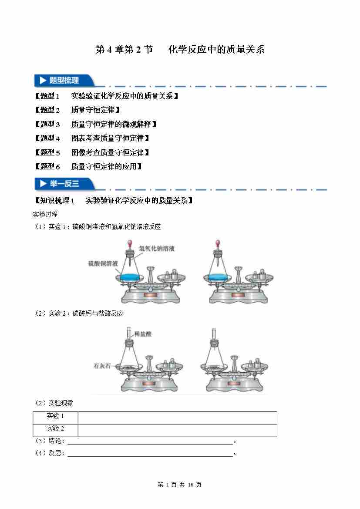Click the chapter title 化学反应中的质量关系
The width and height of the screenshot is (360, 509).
(x=216, y=50)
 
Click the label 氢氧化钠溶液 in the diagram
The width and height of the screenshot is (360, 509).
(x=157, y=249)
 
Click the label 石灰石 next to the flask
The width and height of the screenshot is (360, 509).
(x=102, y=366)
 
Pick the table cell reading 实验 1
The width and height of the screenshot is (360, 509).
(x=55, y=416)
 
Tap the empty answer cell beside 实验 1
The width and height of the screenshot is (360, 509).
(x=177, y=417)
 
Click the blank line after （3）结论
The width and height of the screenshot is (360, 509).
(x=150, y=442)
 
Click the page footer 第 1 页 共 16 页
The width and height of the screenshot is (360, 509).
(x=179, y=485)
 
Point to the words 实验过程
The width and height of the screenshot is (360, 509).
(x=45, y=214)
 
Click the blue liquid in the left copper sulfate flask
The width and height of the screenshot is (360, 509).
(x=131, y=277)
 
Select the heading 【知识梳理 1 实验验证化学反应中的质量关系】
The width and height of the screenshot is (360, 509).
(x=113, y=200)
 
